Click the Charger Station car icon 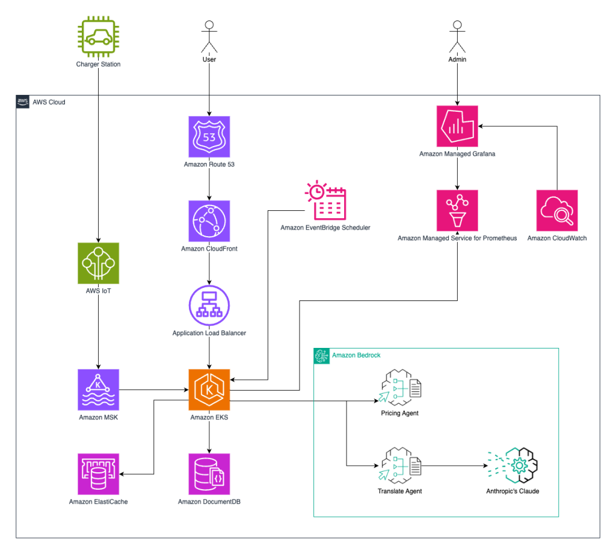tap(98, 37)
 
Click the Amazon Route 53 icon tap(209, 137)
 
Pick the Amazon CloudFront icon tap(209, 221)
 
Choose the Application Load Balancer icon tap(209, 305)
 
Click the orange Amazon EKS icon tap(209, 390)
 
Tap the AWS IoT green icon tap(98, 263)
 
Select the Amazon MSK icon tap(98, 390)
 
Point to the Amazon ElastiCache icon tap(98, 474)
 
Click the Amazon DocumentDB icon tap(209, 474)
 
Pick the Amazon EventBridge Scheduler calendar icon tap(325, 201)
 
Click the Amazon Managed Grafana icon tap(457, 126)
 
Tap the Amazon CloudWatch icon tap(557, 211)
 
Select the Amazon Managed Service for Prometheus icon tap(457, 211)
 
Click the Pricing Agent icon tap(399, 388)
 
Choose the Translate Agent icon tap(399, 465)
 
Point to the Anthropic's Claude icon tap(513, 465)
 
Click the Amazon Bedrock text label tap(356, 355)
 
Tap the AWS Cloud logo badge tap(23, 102)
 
